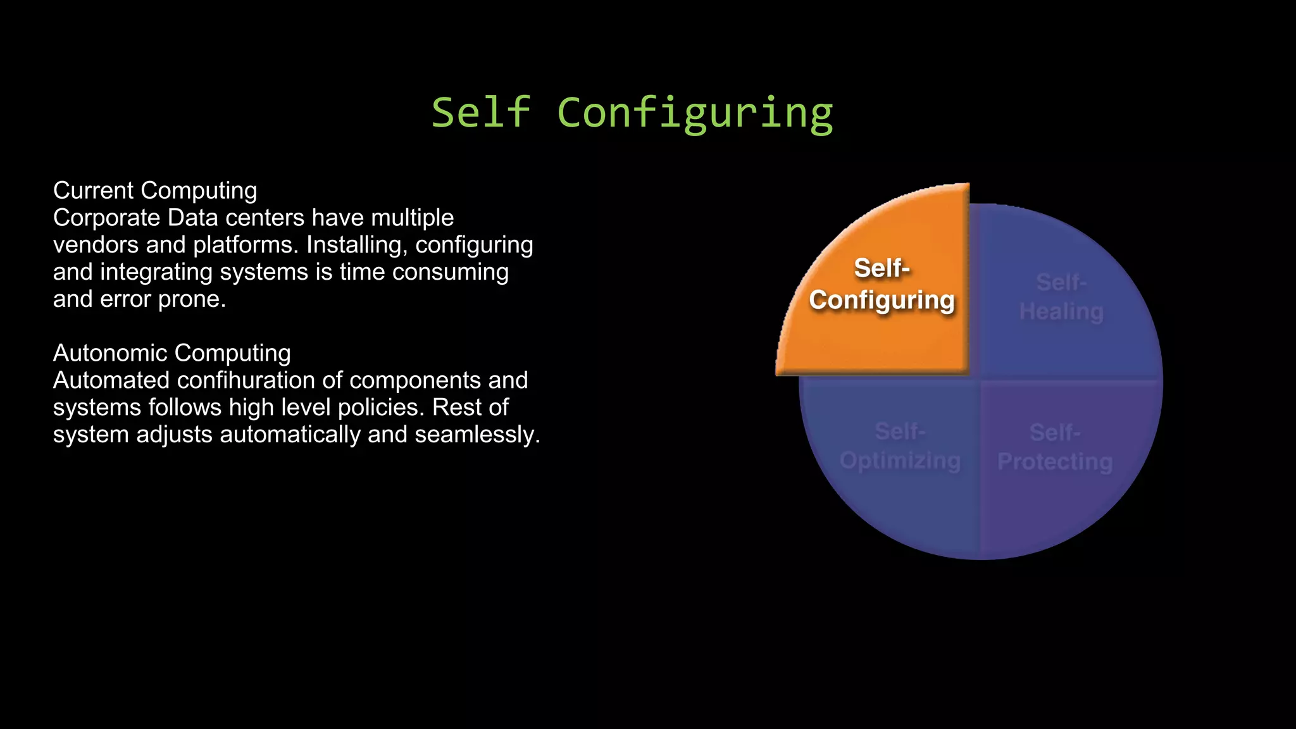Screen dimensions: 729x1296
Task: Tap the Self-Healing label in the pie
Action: tap(1061, 297)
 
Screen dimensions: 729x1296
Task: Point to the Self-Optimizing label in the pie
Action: tap(900, 446)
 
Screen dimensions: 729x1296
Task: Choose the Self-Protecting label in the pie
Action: tap(1055, 447)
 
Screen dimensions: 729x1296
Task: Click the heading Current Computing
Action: tap(155, 190)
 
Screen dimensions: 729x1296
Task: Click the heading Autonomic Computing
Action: tap(171, 353)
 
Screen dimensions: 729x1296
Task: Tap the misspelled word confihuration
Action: tap(260, 380)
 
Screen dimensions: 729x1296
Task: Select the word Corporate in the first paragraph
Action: tap(106, 218)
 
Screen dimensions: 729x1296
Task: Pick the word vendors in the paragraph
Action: tap(96, 245)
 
